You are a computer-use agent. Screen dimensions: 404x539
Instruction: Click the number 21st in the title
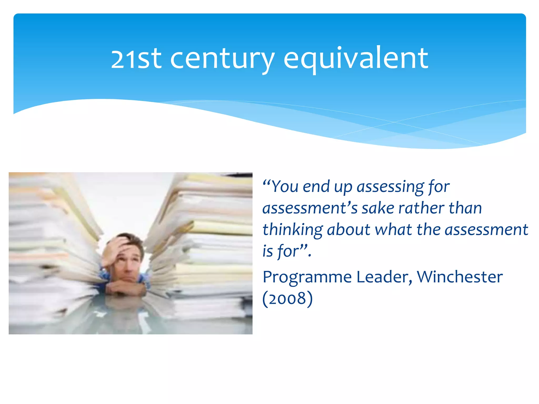(x=136, y=59)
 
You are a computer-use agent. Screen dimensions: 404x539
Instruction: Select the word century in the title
(x=222, y=59)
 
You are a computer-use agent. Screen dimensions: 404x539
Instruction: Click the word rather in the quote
(x=421, y=208)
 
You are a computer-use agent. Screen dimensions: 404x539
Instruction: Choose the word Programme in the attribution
(x=307, y=278)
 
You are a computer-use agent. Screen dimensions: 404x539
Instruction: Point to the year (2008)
(x=287, y=299)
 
